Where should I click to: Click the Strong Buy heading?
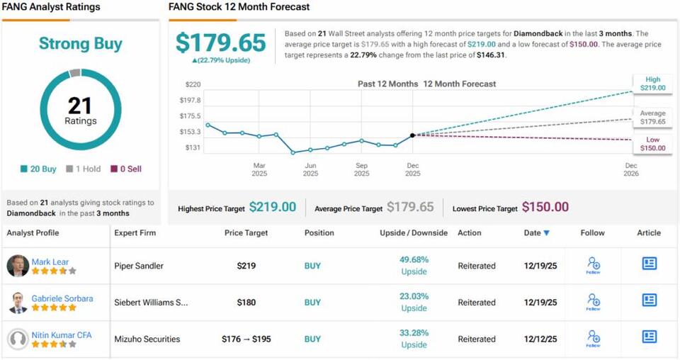pyautogui.click(x=80, y=44)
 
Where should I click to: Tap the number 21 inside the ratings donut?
pyautogui.click(x=80, y=106)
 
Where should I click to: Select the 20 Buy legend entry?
pyautogui.click(x=39, y=169)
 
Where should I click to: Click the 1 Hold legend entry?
pyautogui.click(x=83, y=169)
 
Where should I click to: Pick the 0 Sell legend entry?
pyautogui.click(x=125, y=169)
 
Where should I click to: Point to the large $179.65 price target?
pyautogui.click(x=221, y=43)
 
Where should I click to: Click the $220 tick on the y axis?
pyautogui.click(x=193, y=84)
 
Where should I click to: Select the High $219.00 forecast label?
pyautogui.click(x=652, y=84)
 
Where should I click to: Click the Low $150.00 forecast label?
pyautogui.click(x=652, y=144)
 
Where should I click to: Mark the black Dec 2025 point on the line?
pyautogui.click(x=412, y=135)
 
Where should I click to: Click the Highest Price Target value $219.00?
pyautogui.click(x=272, y=208)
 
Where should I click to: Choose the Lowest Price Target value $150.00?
pyautogui.click(x=545, y=208)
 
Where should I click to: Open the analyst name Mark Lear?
pyautogui.click(x=50, y=262)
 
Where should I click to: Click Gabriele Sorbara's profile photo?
pyautogui.click(x=18, y=303)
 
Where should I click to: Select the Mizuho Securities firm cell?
pyautogui.click(x=147, y=339)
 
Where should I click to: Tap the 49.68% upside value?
pyautogui.click(x=414, y=259)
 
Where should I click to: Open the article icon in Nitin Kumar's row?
pyautogui.click(x=649, y=337)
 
